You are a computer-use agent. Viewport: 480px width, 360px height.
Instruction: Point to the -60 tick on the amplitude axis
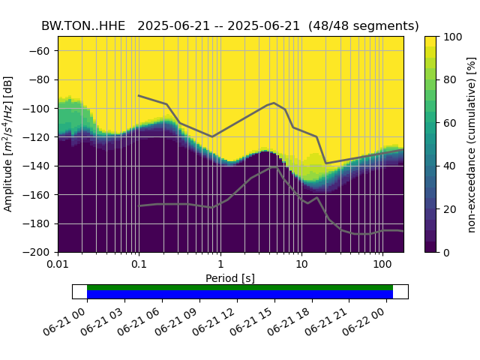(x=43, y=51)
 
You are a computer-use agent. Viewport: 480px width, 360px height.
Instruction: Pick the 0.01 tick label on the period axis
(x=58, y=265)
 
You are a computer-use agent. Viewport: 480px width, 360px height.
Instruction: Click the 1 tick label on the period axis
(x=220, y=265)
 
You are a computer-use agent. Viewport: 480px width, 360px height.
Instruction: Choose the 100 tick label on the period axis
(x=382, y=265)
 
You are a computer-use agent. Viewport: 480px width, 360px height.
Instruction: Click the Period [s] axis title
(x=230, y=278)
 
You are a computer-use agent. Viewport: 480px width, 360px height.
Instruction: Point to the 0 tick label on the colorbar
(x=444, y=252)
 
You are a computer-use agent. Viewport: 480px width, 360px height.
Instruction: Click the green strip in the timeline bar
(x=240, y=287)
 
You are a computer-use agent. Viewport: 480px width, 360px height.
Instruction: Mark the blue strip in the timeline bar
(x=240, y=295)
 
